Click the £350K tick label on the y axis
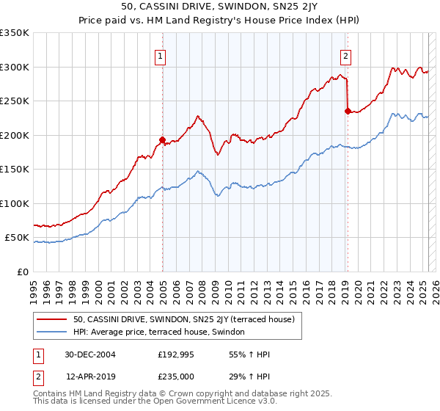[15, 33]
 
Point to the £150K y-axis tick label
[15, 169]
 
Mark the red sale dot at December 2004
[162, 139]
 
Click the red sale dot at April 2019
[347, 111]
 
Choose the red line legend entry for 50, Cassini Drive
[183, 319]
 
